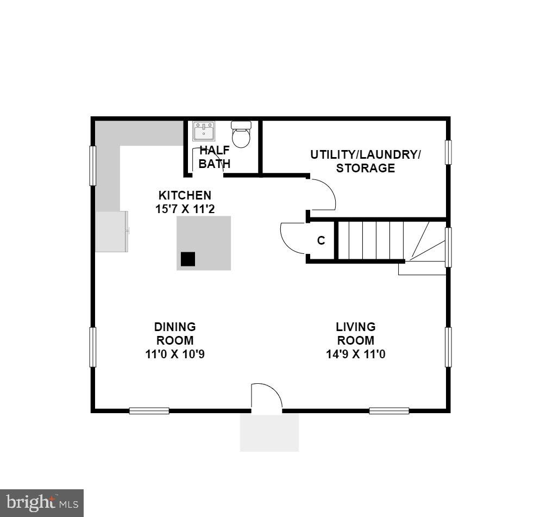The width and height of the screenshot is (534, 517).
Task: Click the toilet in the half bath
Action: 241,134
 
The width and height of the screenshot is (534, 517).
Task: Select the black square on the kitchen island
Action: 188,259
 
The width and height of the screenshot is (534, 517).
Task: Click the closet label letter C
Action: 321,240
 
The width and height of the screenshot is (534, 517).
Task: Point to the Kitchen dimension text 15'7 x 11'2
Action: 184,209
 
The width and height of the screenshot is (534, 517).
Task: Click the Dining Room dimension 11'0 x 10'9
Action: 175,354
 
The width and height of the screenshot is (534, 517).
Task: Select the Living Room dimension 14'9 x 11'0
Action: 355,354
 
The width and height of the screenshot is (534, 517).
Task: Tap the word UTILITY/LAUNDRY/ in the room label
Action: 365,154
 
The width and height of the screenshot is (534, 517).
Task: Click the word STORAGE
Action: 365,168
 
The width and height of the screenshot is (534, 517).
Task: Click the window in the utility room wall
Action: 448,152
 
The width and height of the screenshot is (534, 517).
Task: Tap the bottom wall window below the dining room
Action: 149,410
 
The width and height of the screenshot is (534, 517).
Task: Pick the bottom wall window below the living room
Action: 389,410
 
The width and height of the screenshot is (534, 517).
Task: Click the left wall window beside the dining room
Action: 93,347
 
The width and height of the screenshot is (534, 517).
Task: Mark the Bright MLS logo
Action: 42,502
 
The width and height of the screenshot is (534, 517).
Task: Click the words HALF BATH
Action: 215,157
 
